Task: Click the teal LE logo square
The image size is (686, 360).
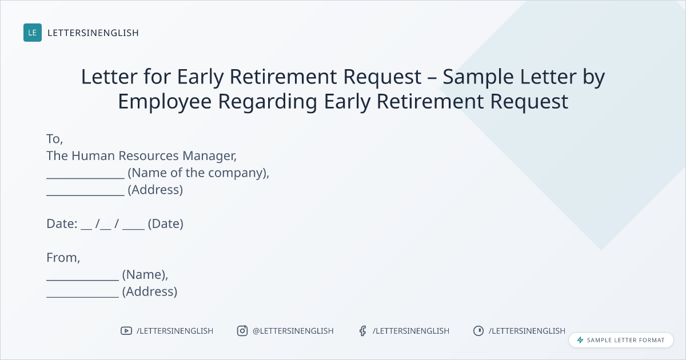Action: point(33,33)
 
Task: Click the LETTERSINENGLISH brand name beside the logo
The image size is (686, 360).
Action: point(93,33)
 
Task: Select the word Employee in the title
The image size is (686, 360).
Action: point(165,102)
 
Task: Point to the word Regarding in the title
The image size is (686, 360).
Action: point(268,102)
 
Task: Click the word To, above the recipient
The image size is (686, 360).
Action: point(55,139)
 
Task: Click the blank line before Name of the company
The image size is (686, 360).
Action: point(85,178)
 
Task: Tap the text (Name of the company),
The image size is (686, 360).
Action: point(198,173)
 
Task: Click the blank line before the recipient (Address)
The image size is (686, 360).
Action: point(85,195)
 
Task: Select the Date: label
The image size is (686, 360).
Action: point(62,224)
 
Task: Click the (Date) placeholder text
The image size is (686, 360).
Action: point(166,224)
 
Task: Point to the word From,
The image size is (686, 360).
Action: point(63,258)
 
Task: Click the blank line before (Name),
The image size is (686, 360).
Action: point(83,279)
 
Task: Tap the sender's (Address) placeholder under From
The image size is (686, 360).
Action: point(150,291)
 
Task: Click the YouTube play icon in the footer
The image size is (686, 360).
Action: point(126,331)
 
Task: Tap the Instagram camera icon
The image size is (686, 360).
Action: point(242,331)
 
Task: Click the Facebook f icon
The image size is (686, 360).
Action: point(363,331)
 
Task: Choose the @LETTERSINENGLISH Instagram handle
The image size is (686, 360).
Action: point(293,331)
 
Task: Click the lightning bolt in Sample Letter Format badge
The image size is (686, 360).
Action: point(580,340)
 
